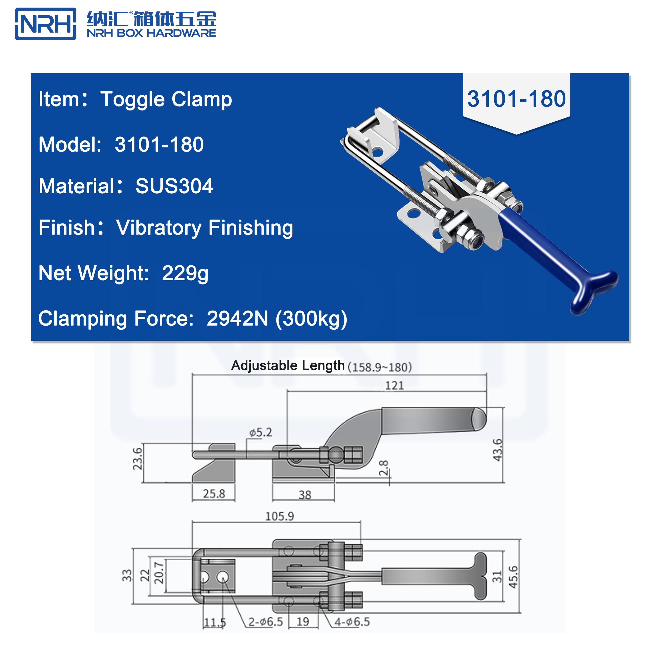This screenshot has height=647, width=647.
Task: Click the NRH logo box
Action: (x=45, y=24)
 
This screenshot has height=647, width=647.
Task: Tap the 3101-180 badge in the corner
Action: (x=516, y=99)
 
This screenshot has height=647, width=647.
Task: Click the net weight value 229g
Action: (x=185, y=273)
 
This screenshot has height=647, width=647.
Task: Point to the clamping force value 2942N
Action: (x=237, y=318)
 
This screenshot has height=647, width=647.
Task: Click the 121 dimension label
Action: (x=394, y=385)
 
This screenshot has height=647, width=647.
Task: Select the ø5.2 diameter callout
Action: (x=261, y=432)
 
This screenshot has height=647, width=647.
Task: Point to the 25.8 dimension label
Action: (x=214, y=494)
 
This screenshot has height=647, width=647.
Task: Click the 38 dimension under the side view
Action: (x=305, y=495)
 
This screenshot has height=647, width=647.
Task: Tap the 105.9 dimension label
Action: (x=279, y=516)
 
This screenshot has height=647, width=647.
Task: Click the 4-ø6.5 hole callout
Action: (x=352, y=622)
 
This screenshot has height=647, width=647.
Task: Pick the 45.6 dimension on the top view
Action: (x=513, y=577)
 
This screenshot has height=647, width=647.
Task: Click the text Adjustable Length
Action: (x=288, y=365)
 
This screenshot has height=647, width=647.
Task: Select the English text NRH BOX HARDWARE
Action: (x=151, y=33)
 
